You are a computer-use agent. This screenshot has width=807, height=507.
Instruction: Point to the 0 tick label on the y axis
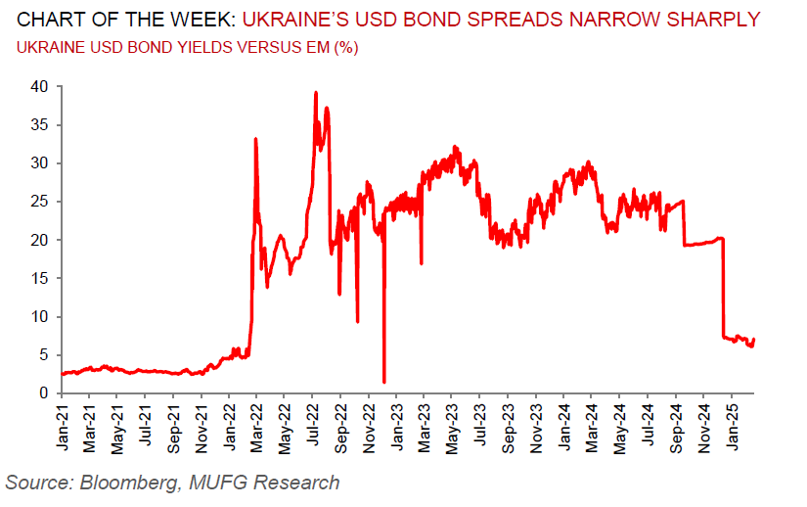tap(44, 393)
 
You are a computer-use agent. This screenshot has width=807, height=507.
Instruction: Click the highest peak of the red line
tap(315, 93)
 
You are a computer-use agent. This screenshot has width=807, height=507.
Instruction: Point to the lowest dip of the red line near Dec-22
tap(383, 381)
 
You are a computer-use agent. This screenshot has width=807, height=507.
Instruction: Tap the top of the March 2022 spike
tap(255, 139)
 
